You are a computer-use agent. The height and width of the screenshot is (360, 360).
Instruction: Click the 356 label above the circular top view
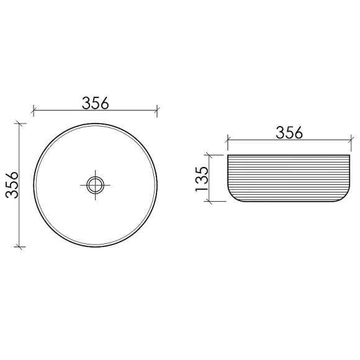pos(95,102)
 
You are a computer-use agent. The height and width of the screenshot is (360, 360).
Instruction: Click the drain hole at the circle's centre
pos(95,184)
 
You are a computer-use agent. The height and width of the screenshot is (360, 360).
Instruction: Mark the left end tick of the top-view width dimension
pos(33,111)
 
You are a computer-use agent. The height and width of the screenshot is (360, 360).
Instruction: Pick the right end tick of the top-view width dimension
pos(157,111)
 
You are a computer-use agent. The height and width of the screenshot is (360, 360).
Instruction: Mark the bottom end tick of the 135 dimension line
pos(212,202)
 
